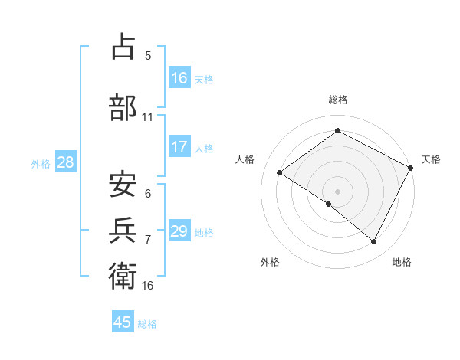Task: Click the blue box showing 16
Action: click(x=179, y=78)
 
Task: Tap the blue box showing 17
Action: click(x=179, y=147)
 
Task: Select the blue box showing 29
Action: click(x=179, y=231)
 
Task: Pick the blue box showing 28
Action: click(x=65, y=162)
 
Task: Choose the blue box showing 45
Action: click(x=123, y=322)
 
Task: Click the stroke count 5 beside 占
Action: click(x=148, y=56)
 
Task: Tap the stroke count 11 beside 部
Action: click(x=148, y=118)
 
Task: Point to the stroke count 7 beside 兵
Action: click(x=148, y=240)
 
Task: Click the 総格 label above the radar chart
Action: click(x=337, y=100)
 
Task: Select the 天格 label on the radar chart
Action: click(x=431, y=159)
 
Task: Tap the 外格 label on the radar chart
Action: click(x=270, y=262)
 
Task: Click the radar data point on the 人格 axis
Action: click(x=280, y=172)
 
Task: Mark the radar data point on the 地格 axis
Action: click(x=374, y=242)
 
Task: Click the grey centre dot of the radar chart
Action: click(x=337, y=191)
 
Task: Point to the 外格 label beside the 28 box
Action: click(x=41, y=163)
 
